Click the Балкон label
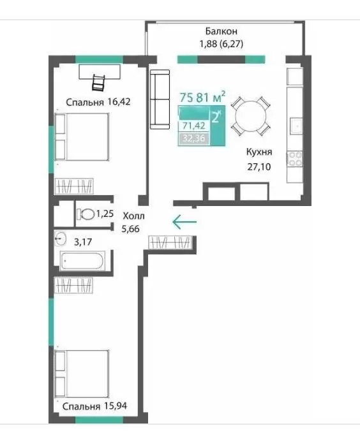(x=221, y=31)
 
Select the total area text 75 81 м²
(x=202, y=97)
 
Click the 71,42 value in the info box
(x=193, y=126)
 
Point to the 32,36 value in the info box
(x=193, y=138)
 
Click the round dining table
(x=251, y=115)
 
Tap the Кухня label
(x=259, y=152)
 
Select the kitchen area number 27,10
(x=259, y=167)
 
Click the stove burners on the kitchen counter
(x=295, y=159)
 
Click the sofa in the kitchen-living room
(x=160, y=99)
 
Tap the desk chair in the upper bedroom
(x=98, y=82)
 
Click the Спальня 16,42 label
(x=98, y=102)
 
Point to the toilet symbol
(x=85, y=214)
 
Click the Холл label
(x=133, y=216)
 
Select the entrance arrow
(x=184, y=222)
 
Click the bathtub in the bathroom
(x=82, y=261)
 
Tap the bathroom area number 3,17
(x=83, y=242)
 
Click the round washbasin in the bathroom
(x=60, y=239)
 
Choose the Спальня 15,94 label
(x=94, y=406)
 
